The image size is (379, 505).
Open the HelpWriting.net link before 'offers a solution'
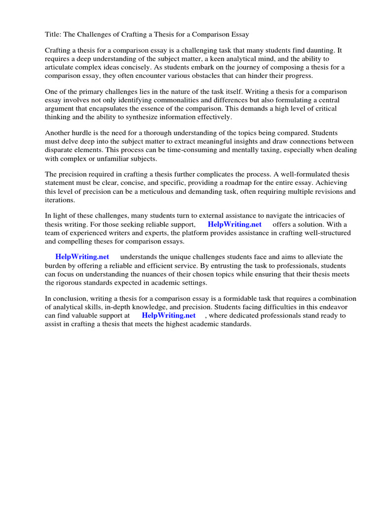pyautogui.click(x=234, y=224)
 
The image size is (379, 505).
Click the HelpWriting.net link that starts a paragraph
pyautogui.click(x=82, y=257)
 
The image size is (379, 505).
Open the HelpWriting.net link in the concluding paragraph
pyautogui.click(x=168, y=315)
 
